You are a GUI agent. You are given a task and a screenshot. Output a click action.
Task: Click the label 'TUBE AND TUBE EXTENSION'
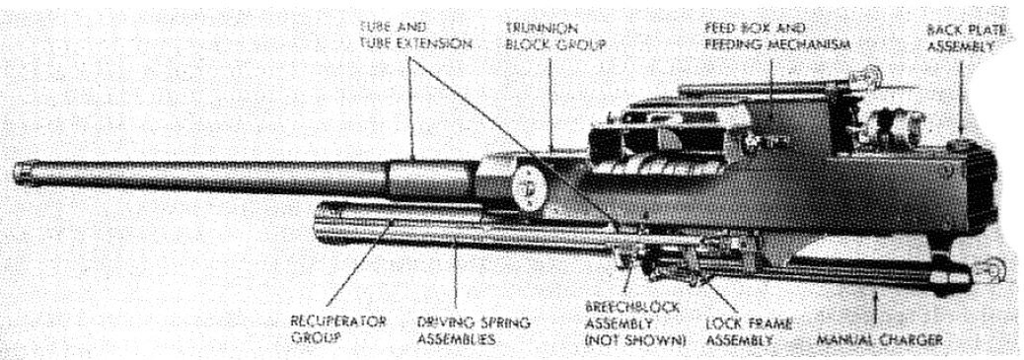[x=415, y=36]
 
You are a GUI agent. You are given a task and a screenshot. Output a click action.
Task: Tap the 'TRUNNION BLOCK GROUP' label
[x=555, y=36]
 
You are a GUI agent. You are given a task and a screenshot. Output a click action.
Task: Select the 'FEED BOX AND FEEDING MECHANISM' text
[x=777, y=36]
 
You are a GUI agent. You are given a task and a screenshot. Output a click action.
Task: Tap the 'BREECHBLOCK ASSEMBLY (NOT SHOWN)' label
[x=634, y=324]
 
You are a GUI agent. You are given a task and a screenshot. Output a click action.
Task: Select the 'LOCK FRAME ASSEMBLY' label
[x=749, y=332]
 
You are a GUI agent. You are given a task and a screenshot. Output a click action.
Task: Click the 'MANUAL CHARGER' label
[x=880, y=339]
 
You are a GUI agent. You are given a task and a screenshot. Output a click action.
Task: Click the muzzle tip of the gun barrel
[x=18, y=173]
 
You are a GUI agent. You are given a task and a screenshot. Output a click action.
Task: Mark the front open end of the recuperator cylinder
[x=319, y=223]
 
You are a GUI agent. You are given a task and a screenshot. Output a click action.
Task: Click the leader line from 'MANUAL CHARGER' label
[x=876, y=309]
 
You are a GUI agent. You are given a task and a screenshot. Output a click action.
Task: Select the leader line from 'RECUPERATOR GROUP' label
[x=359, y=266]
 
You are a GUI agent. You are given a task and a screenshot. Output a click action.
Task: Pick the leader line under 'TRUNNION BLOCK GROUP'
[x=549, y=104]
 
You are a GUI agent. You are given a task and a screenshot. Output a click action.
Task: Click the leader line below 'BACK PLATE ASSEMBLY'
[x=961, y=98]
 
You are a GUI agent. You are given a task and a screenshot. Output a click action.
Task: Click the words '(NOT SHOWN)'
[x=634, y=340]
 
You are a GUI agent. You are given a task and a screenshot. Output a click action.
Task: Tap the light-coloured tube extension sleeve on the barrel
[x=430, y=180]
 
